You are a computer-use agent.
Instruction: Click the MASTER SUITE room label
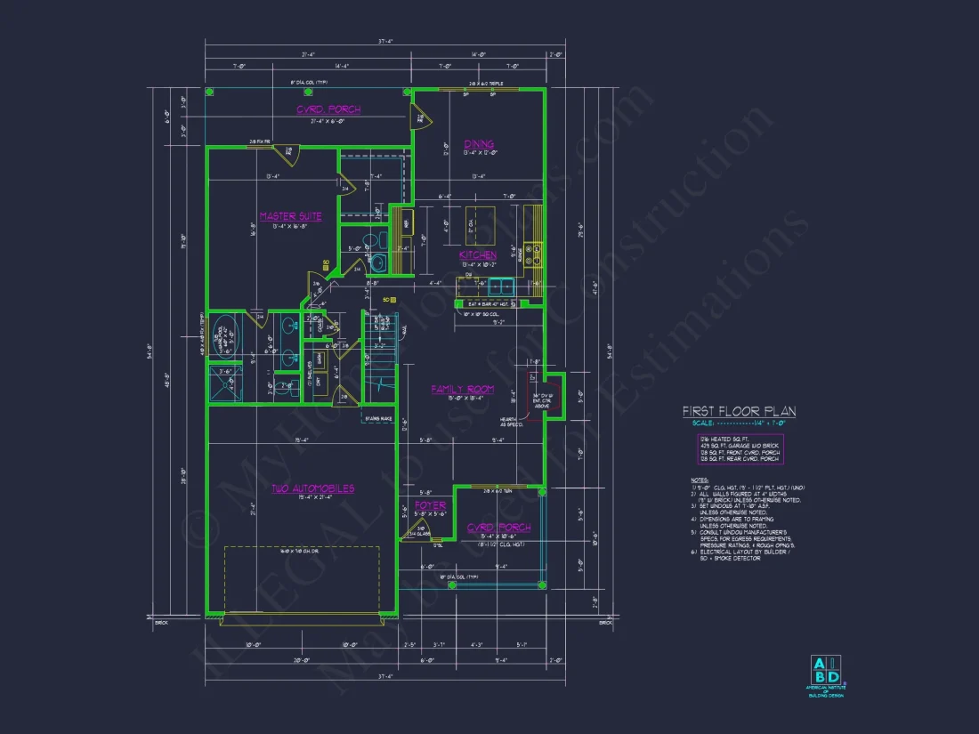[x=291, y=216]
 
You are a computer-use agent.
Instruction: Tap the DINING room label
[x=478, y=144]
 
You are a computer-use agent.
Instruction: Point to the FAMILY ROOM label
[x=462, y=390]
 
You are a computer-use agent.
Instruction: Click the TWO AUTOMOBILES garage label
[x=312, y=488]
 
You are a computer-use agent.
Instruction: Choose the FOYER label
[x=431, y=505]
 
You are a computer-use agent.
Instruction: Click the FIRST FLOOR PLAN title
[x=739, y=412]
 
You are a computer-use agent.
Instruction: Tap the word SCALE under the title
[x=694, y=423]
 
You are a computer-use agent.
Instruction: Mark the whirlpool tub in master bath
[x=224, y=336]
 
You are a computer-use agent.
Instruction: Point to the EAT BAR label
[x=485, y=304]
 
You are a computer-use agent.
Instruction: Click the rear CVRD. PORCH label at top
[x=328, y=110]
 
